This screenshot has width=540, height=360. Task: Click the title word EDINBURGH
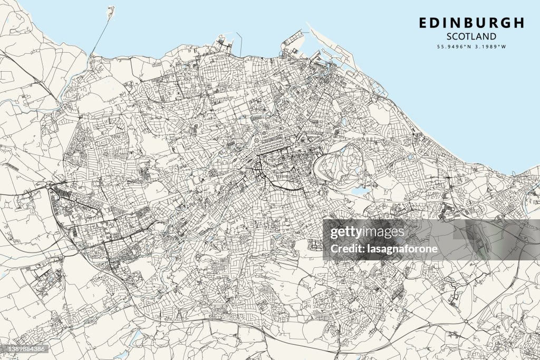(471, 23)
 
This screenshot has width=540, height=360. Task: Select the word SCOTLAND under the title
(471, 36)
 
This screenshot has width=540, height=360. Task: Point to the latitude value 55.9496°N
(452, 46)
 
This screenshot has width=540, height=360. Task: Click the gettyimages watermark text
(367, 232)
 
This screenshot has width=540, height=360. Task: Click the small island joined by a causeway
(111, 11)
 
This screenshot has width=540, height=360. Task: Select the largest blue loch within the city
(360, 191)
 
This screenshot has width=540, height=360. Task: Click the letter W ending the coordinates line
(504, 46)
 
